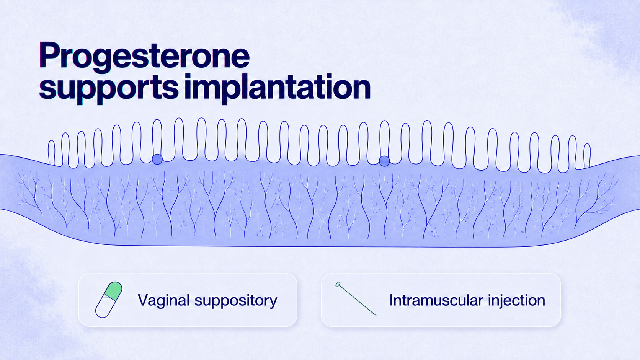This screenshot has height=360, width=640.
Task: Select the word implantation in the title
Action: (277, 87)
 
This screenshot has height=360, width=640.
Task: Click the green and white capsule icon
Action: (109, 300)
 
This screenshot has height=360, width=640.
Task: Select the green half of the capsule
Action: (114, 291)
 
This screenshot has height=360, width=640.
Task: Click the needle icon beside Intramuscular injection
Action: (356, 299)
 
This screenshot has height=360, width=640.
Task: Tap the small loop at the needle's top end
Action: (338, 284)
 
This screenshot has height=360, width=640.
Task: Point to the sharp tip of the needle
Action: (377, 316)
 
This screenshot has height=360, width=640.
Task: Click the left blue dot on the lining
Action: (157, 159)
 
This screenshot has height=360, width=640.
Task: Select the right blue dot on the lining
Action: (384, 161)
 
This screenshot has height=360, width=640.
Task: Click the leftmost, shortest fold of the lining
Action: (51, 152)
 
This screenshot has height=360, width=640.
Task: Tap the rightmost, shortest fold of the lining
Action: (587, 156)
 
